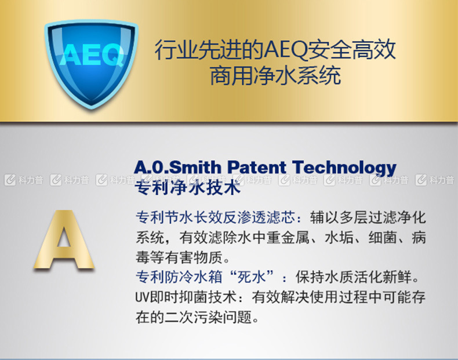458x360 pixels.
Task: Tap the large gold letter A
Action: pos(64,239)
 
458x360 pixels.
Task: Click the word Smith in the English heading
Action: pos(195,168)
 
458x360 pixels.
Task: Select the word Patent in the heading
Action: pos(257,168)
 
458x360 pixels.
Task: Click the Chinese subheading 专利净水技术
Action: pos(187,187)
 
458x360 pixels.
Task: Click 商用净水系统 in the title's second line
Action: pos(275,75)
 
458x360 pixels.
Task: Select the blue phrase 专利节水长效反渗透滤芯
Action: pos(216,217)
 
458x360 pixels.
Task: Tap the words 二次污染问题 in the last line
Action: pos(208,317)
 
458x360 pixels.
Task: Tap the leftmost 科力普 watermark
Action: pos(24,180)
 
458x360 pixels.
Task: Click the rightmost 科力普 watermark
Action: pos(435,180)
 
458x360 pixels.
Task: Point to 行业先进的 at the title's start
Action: pos(209,50)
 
